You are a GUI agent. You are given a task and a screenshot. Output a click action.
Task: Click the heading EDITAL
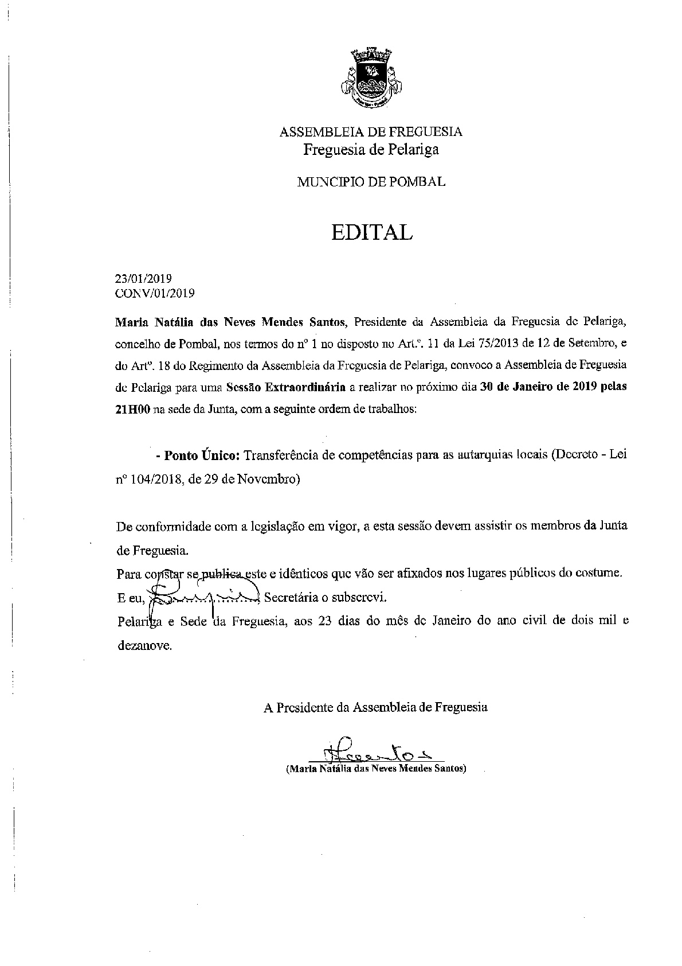coord(371,232)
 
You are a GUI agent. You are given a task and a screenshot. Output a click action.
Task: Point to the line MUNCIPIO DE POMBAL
coord(371,182)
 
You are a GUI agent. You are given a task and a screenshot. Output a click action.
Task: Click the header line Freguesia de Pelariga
coord(371,150)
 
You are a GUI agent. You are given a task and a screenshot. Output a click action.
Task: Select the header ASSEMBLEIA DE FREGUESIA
coord(371,132)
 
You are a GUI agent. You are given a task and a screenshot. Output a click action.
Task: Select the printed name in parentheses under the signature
coord(376,769)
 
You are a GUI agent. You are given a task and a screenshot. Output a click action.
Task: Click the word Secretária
coord(291,598)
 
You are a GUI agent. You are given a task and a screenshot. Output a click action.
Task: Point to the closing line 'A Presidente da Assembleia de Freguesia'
coord(375,707)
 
